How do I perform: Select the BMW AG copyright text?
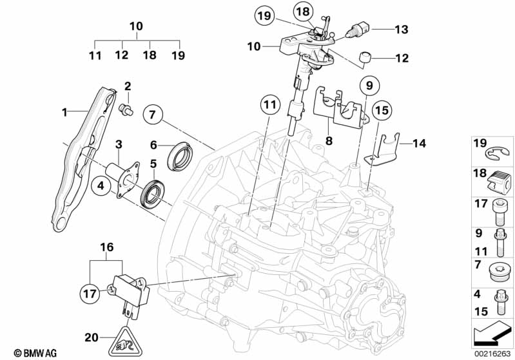[35, 353]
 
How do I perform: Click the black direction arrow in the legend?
[491, 334]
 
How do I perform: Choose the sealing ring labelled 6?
[179, 156]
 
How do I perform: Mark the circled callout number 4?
[101, 185]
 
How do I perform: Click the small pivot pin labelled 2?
[126, 109]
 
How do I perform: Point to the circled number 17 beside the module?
[90, 294]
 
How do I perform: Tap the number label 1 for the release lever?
[64, 113]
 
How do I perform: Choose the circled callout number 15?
[382, 110]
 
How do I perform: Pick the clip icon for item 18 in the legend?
[500, 182]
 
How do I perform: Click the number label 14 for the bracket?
[419, 144]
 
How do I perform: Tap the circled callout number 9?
[369, 86]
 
